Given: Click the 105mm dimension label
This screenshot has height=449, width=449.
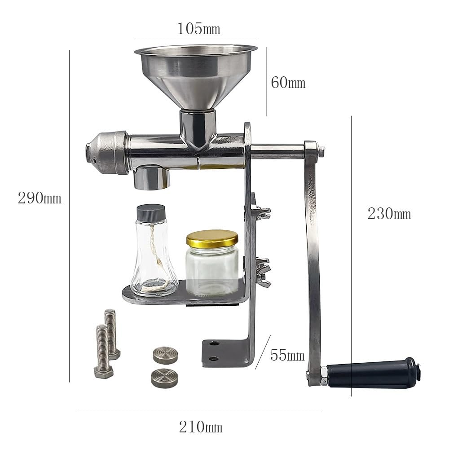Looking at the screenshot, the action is (x=199, y=29).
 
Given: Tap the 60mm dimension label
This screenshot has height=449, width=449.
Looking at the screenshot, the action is (x=288, y=83).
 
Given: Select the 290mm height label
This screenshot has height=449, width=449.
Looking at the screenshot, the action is (x=40, y=198).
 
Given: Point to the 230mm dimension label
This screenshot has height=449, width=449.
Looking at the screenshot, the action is (x=389, y=214).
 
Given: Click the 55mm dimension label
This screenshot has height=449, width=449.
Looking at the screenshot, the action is (x=287, y=355).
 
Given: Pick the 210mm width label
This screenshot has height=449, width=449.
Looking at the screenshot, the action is (x=201, y=427).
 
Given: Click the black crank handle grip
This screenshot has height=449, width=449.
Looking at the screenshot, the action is (x=374, y=373).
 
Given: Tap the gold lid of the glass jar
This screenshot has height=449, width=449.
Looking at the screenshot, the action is (x=212, y=239).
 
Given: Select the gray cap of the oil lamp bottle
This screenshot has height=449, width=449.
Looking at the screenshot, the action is (x=151, y=213).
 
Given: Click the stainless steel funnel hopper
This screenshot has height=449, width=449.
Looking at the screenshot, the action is (x=196, y=77).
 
